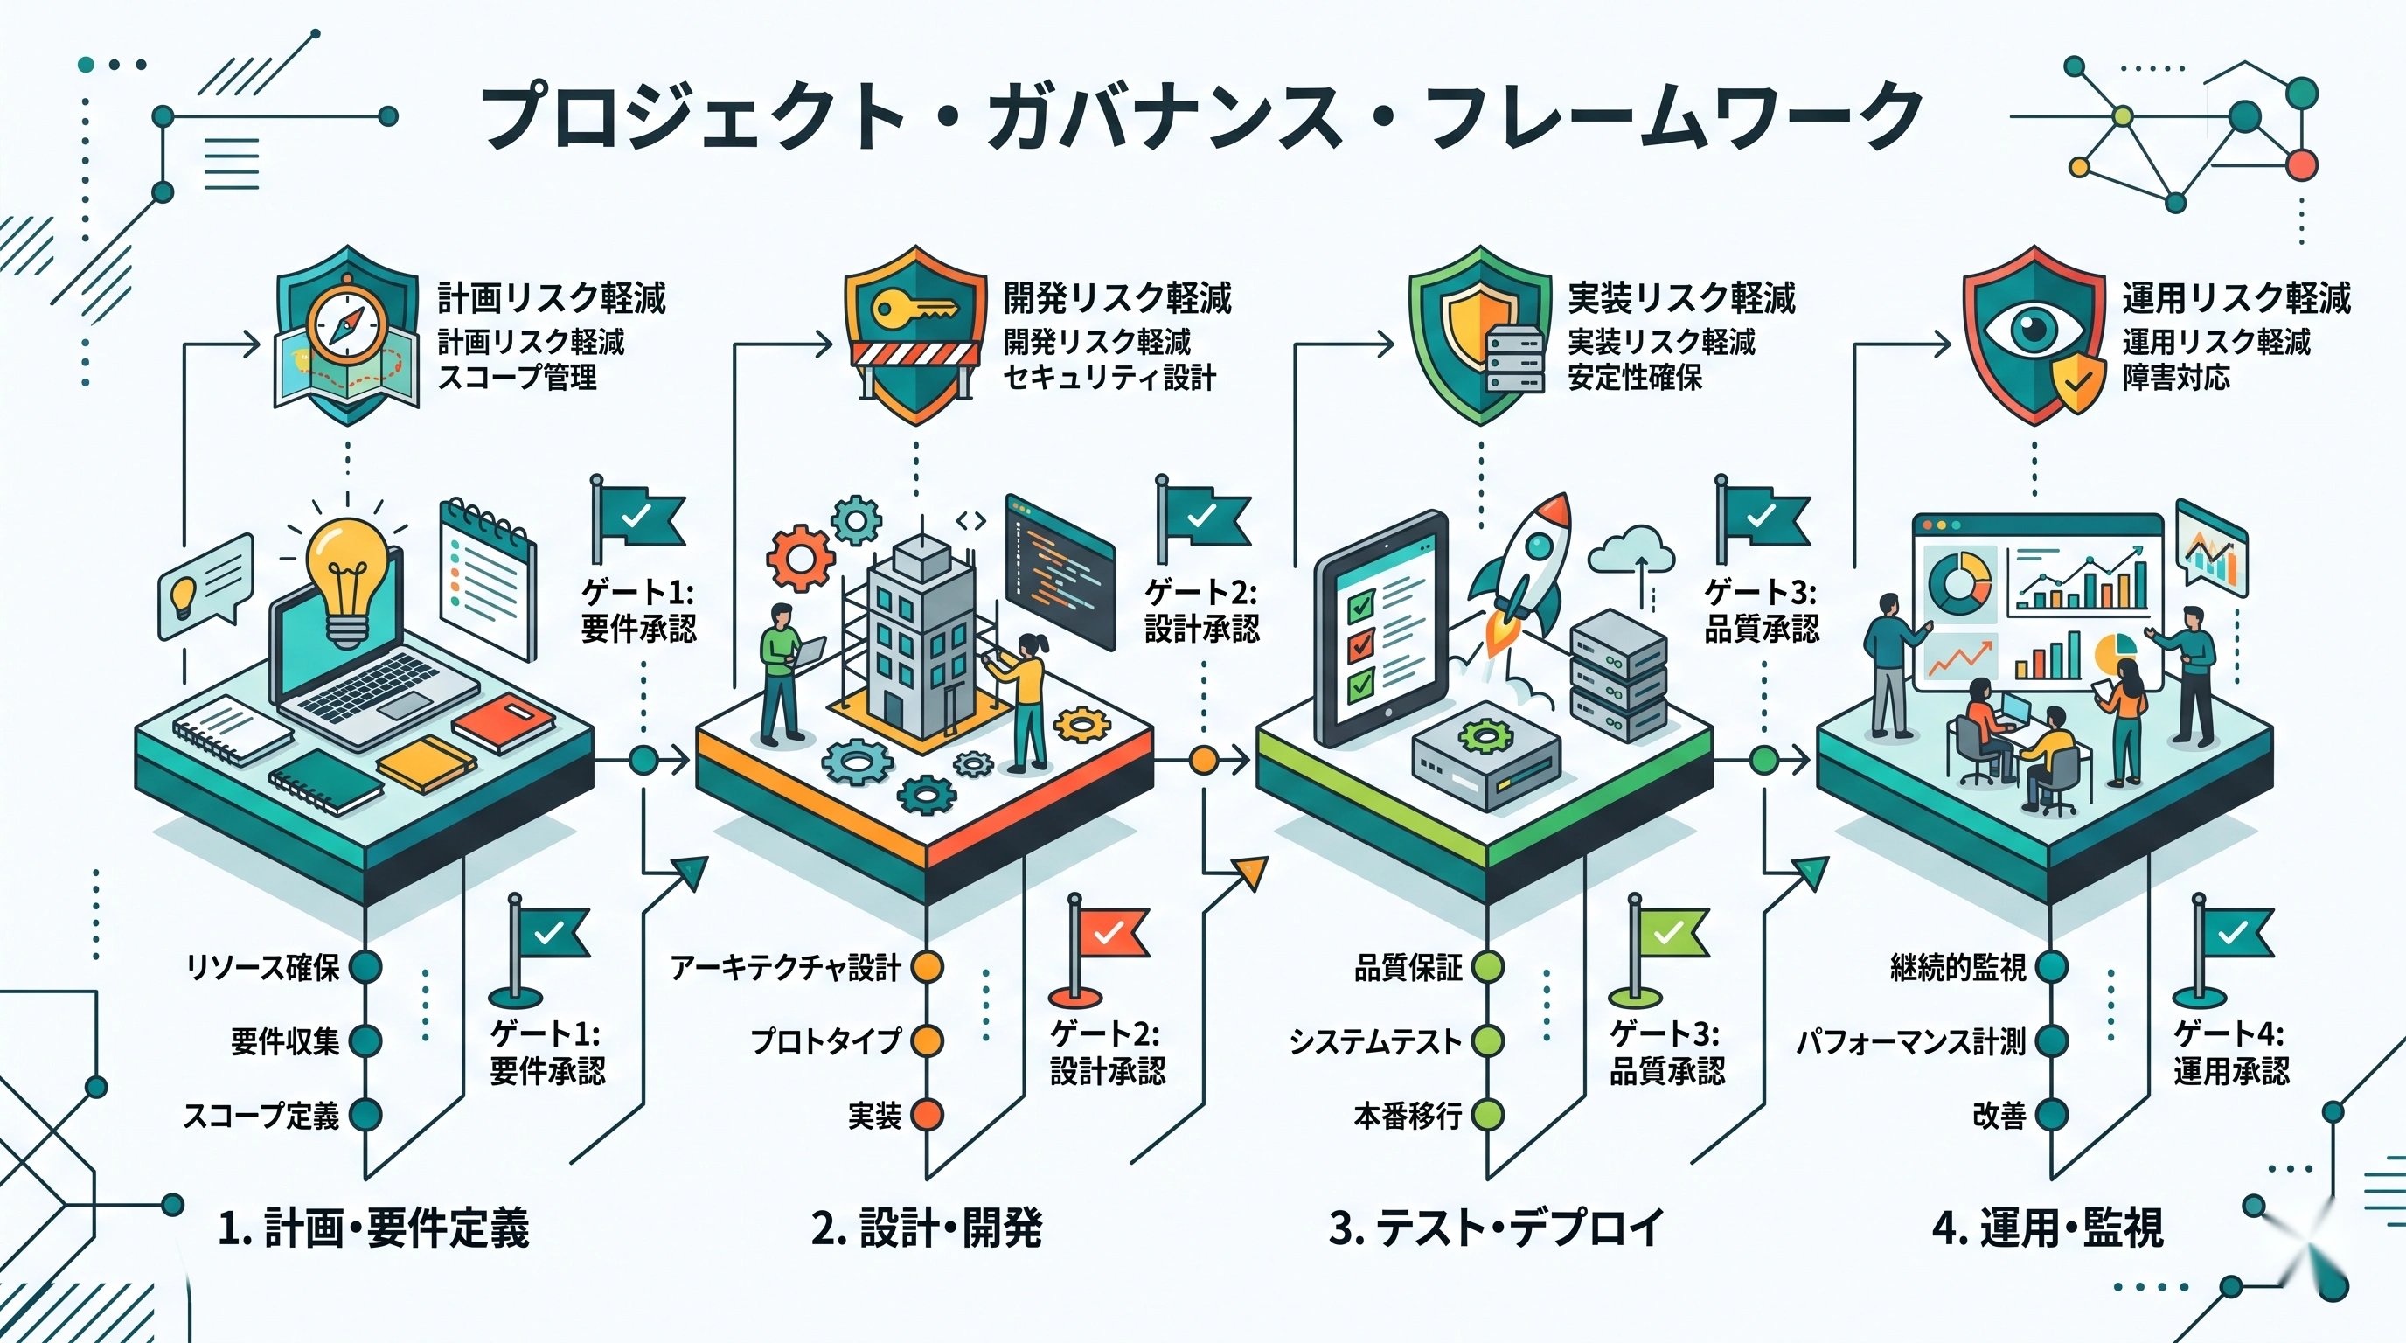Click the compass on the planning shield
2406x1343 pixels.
pyautogui.click(x=347, y=326)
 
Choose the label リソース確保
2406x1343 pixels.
pyautogui.click(x=263, y=967)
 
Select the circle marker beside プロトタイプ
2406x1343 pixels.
pyautogui.click(x=927, y=1040)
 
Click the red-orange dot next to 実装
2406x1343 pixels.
pyautogui.click(x=927, y=1115)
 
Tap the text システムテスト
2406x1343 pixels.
pyautogui.click(x=1375, y=1041)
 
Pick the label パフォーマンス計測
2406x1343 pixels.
pyautogui.click(x=1911, y=1041)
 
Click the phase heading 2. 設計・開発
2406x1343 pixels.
pyautogui.click(x=927, y=1228)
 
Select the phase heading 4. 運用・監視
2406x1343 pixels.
pyautogui.click(x=2048, y=1228)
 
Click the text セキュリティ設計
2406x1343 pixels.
pyautogui.click(x=1109, y=379)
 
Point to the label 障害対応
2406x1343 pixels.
pyautogui.click(x=2176, y=379)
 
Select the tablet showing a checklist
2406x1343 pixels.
pyautogui.click(x=1381, y=628)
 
